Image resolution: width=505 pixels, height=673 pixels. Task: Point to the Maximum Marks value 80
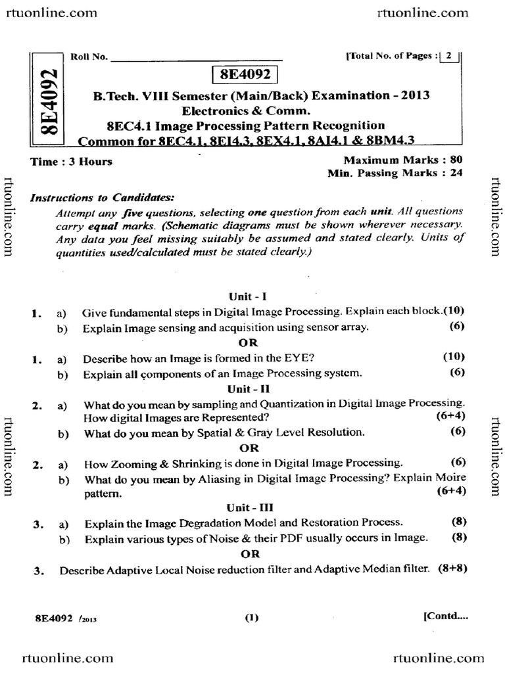[458, 160]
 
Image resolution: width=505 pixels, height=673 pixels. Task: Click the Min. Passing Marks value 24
[458, 173]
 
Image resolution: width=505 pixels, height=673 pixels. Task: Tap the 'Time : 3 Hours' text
[72, 162]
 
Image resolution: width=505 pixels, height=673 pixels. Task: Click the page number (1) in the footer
[252, 617]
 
